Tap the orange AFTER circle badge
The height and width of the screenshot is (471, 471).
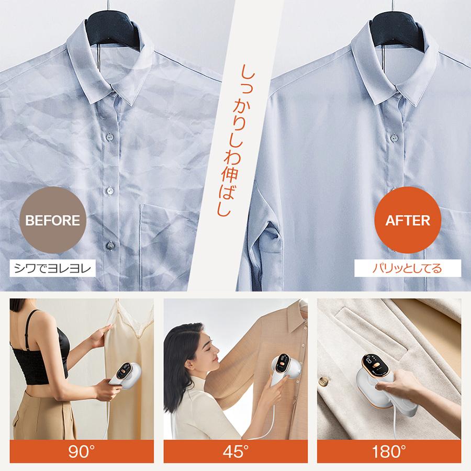[408, 220]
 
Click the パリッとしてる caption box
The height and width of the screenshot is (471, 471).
[407, 270]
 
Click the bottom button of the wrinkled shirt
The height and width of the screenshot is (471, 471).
[110, 244]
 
